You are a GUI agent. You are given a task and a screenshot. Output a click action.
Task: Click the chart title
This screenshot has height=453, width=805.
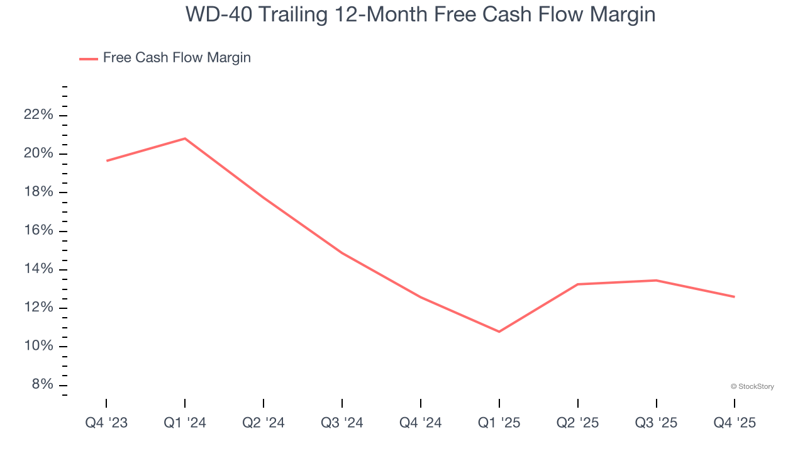point(420,14)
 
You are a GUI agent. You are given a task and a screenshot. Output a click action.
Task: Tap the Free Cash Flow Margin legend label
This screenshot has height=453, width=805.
point(177,58)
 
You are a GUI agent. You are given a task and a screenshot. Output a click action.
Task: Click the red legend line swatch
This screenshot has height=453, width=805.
point(89,59)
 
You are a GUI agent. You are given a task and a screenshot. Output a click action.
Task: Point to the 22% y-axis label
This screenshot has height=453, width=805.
point(38,115)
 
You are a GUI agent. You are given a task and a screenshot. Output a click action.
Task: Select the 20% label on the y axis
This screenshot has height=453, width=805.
point(38,154)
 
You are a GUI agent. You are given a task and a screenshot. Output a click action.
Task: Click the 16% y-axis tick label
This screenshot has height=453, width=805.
point(38,231)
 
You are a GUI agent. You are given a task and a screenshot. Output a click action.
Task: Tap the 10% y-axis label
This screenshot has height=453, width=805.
point(38,347)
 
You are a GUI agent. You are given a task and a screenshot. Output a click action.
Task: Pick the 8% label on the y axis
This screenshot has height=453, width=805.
point(42,385)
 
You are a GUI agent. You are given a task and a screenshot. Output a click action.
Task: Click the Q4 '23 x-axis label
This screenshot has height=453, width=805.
point(106,423)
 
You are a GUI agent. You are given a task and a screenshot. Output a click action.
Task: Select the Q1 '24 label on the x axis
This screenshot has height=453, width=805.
point(185,423)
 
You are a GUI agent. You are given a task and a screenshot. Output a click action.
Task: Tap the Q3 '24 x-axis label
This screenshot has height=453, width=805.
point(342,423)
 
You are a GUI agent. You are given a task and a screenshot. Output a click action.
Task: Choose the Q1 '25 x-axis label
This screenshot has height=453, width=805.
point(499,423)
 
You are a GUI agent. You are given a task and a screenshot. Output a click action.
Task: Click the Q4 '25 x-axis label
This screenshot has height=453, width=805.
point(735,423)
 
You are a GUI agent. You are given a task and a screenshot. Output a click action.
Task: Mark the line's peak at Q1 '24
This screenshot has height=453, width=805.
point(185,138)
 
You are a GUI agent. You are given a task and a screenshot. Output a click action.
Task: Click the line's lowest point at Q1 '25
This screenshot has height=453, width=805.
point(499,332)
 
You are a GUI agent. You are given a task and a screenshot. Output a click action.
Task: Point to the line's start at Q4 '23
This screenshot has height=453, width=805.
point(106,161)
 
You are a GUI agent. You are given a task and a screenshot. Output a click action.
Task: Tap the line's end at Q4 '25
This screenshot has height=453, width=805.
point(735,297)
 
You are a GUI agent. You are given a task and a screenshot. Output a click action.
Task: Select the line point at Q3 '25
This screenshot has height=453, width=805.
point(656,281)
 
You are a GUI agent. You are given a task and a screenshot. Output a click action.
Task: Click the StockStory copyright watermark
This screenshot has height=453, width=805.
point(752,386)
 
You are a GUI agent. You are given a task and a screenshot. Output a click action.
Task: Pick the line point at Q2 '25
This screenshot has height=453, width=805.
point(578,284)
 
